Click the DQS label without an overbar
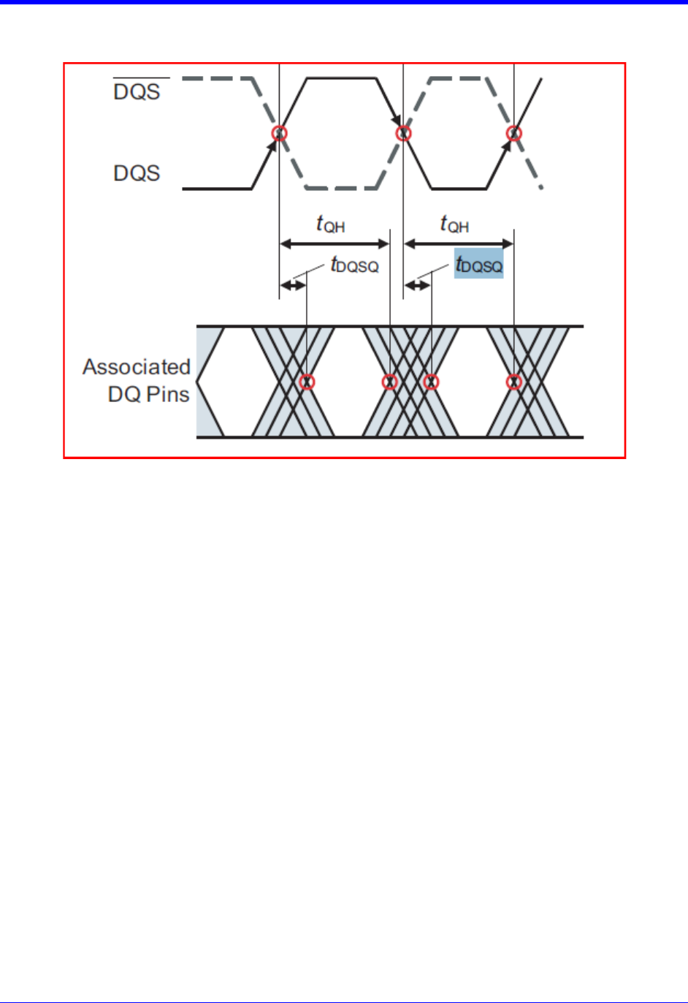click(137, 173)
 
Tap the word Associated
click(137, 367)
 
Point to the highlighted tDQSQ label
click(479, 264)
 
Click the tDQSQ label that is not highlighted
click(354, 265)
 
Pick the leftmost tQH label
click(331, 224)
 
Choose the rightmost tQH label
click(454, 224)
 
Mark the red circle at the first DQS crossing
click(280, 133)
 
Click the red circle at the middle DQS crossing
click(403, 133)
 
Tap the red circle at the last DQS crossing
click(514, 133)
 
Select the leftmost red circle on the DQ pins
click(307, 382)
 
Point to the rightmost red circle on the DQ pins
click(514, 382)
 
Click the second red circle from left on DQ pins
click(389, 382)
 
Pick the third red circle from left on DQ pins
click(431, 382)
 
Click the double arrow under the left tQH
click(335, 244)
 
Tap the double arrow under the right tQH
click(459, 244)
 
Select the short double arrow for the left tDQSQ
click(293, 285)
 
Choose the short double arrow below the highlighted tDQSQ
click(417, 285)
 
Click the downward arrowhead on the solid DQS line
click(397, 121)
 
